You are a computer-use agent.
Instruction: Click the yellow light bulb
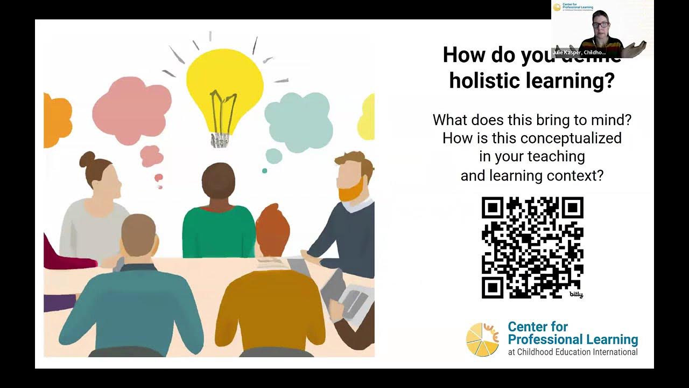pyautogui.click(x=224, y=86)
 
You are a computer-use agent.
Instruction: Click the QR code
pyautogui.click(x=532, y=247)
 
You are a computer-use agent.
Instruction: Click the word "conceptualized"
pyautogui.click(x=571, y=138)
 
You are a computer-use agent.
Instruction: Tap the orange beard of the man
pyautogui.click(x=351, y=190)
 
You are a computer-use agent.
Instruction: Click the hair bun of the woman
pyautogui.click(x=87, y=160)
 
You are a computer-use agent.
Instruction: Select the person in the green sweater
pyautogui.click(x=218, y=216)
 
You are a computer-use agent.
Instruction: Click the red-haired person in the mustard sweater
pyautogui.click(x=272, y=296)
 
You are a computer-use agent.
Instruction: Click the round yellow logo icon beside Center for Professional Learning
pyautogui.click(x=482, y=339)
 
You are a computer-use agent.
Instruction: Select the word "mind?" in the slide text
pyautogui.click(x=612, y=120)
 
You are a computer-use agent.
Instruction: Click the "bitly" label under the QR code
pyautogui.click(x=576, y=295)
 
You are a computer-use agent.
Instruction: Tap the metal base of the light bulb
pyautogui.click(x=220, y=140)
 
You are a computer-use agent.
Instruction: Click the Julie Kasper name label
pyautogui.click(x=579, y=53)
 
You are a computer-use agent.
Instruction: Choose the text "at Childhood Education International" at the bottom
pyautogui.click(x=573, y=352)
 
